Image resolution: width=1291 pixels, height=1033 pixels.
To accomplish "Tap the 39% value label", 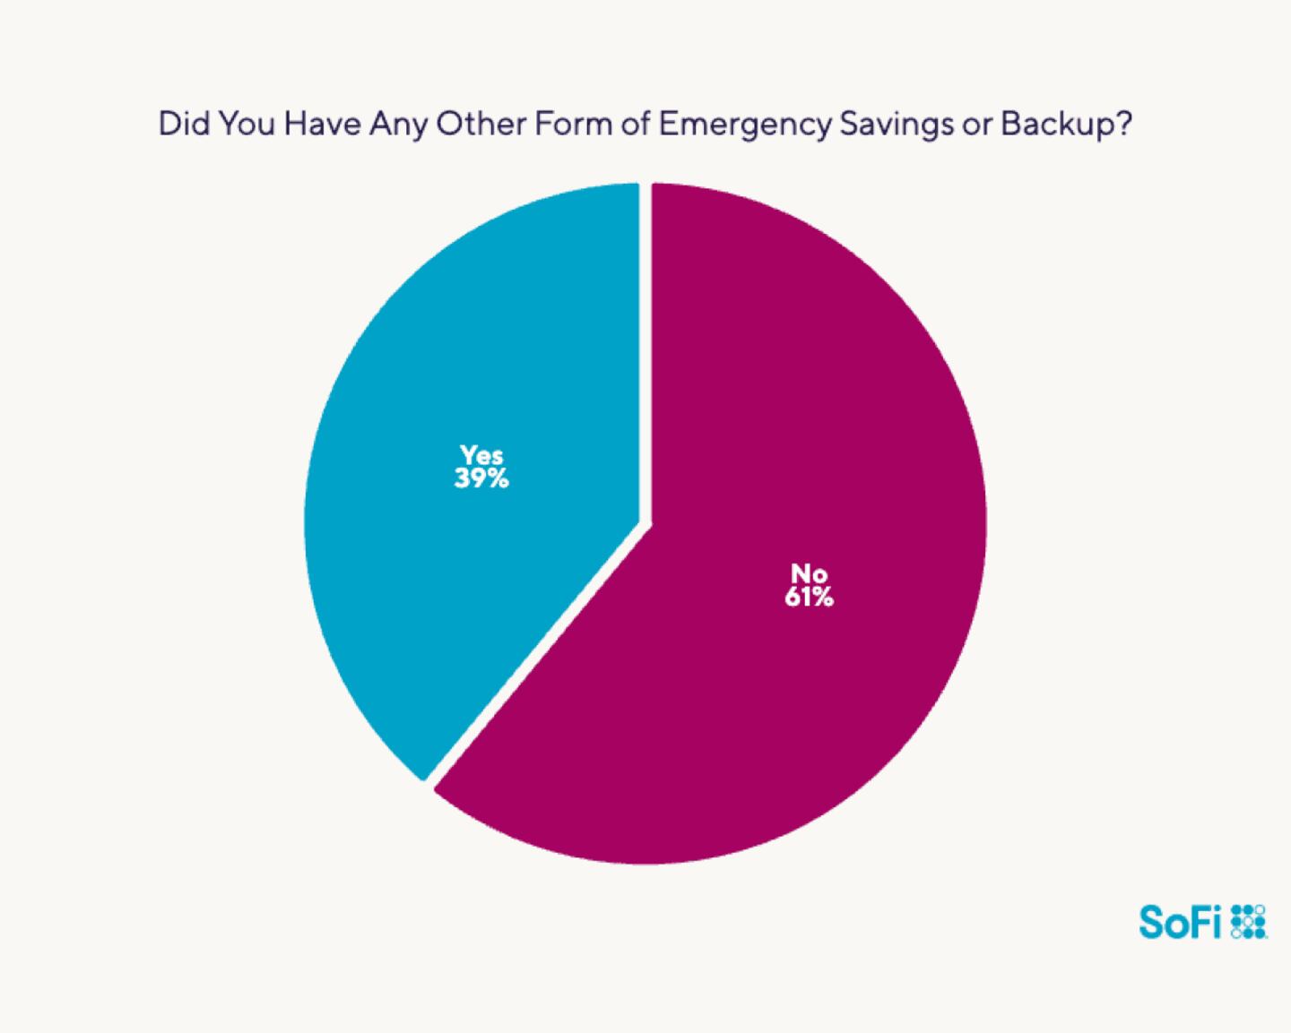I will point(481,479).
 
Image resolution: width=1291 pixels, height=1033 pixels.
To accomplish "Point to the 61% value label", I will point(809,597).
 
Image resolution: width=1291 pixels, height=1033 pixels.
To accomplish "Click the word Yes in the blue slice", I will point(481,455).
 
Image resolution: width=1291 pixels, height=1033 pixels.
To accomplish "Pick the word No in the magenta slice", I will point(809,573).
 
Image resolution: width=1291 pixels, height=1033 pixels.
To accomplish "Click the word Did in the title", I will point(183,125).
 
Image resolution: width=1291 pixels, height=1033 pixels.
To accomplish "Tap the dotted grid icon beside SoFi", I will point(1249,921).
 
